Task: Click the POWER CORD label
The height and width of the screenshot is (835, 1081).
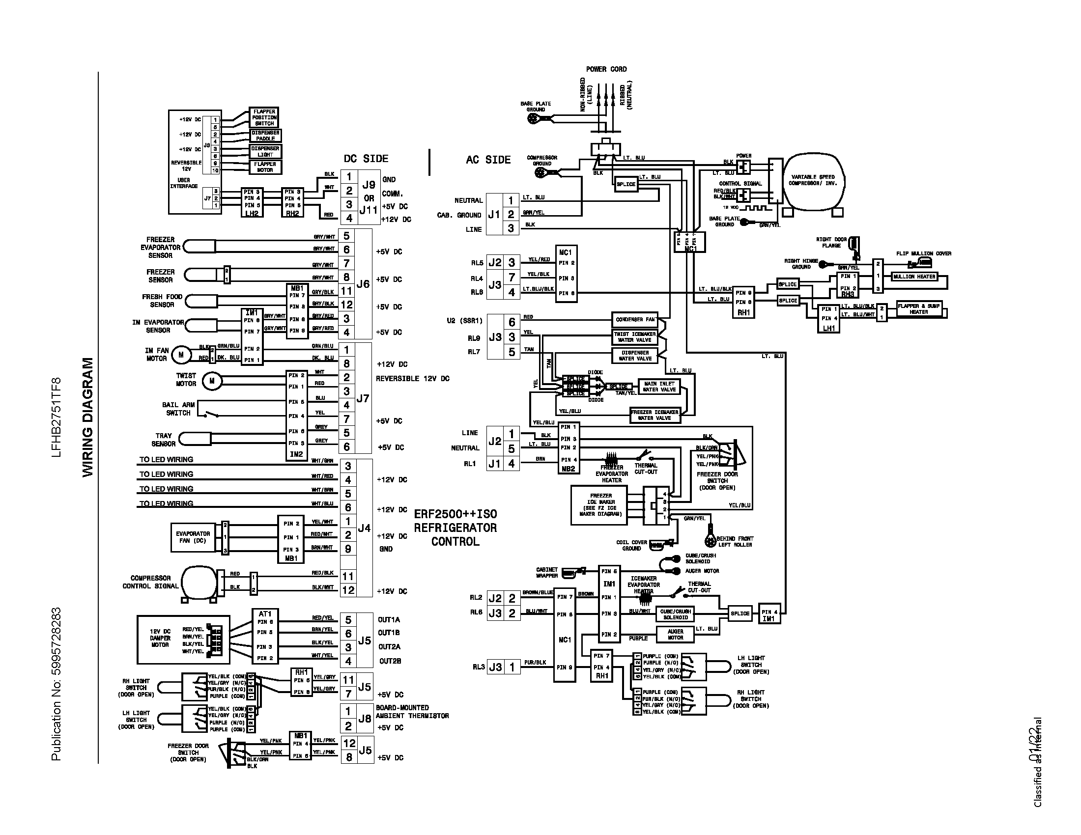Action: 606,69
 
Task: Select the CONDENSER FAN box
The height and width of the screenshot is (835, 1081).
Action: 635,320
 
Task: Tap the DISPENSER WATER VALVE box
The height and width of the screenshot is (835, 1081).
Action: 635,356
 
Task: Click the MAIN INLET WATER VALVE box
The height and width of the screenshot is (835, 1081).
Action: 659,387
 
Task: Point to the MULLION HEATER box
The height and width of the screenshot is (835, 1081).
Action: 914,277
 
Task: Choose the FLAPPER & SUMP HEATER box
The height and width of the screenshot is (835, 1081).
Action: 919,309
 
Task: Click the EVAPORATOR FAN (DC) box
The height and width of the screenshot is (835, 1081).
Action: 193,537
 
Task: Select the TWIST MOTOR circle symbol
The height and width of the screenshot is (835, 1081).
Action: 212,380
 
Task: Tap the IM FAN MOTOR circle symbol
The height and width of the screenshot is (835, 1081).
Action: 181,355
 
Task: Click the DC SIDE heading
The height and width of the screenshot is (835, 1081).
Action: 366,159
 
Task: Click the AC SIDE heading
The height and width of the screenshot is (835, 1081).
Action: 488,160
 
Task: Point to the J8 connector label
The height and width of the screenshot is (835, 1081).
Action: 365,718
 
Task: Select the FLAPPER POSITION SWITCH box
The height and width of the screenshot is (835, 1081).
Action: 264,118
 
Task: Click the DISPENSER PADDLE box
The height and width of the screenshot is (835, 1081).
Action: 265,136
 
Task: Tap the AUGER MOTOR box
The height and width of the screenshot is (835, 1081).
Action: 675,635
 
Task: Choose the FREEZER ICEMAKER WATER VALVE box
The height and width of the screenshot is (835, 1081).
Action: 655,415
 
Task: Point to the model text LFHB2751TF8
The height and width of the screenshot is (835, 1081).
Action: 56,417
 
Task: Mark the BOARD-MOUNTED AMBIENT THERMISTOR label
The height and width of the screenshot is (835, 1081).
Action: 412,712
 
